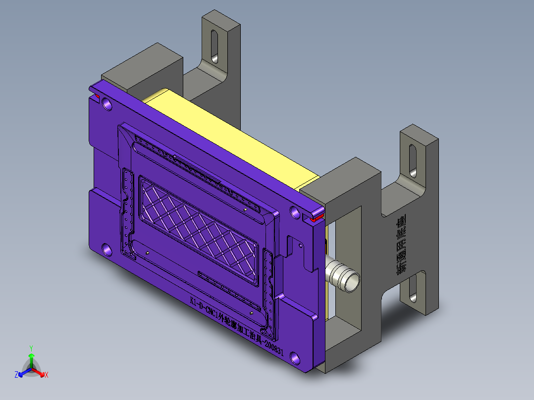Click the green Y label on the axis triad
click(x=31, y=348)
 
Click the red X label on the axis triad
click(x=46, y=375)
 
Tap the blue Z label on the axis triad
click(x=16, y=375)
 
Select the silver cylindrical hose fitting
click(x=343, y=276)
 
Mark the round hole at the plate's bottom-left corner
click(x=107, y=249)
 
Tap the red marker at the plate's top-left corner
click(x=97, y=96)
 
